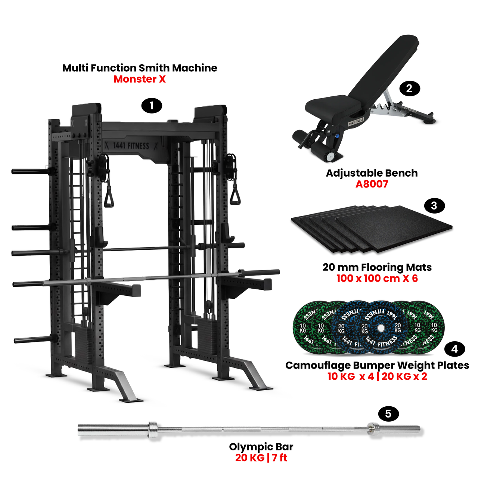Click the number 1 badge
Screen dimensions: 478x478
[x=152, y=106]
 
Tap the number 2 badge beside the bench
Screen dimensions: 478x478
[x=409, y=89]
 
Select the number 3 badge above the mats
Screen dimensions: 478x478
[x=434, y=206]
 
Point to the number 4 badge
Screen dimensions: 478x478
[x=454, y=349]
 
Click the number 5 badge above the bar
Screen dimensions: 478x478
[x=388, y=414]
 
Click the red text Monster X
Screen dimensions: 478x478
[x=139, y=79]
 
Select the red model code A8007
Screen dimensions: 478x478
[x=372, y=184]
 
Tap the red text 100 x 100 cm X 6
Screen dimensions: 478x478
[x=377, y=279]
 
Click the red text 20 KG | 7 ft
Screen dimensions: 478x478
[x=261, y=458]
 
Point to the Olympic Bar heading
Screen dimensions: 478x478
[x=261, y=447]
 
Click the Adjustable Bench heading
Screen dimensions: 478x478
[x=372, y=173]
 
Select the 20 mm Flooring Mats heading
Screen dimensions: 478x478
[x=377, y=267]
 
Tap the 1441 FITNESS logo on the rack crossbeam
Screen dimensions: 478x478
[x=131, y=145]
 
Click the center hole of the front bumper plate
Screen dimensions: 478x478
[x=381, y=328]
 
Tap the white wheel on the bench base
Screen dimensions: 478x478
[x=330, y=156]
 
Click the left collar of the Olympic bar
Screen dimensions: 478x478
[x=153, y=429]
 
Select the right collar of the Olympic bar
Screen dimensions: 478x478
[x=372, y=428]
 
